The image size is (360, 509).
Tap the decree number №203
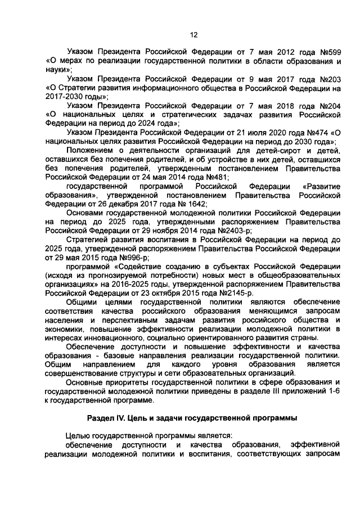[328, 79]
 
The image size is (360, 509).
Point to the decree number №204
[328, 106]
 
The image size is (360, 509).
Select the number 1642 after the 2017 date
[195, 204]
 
